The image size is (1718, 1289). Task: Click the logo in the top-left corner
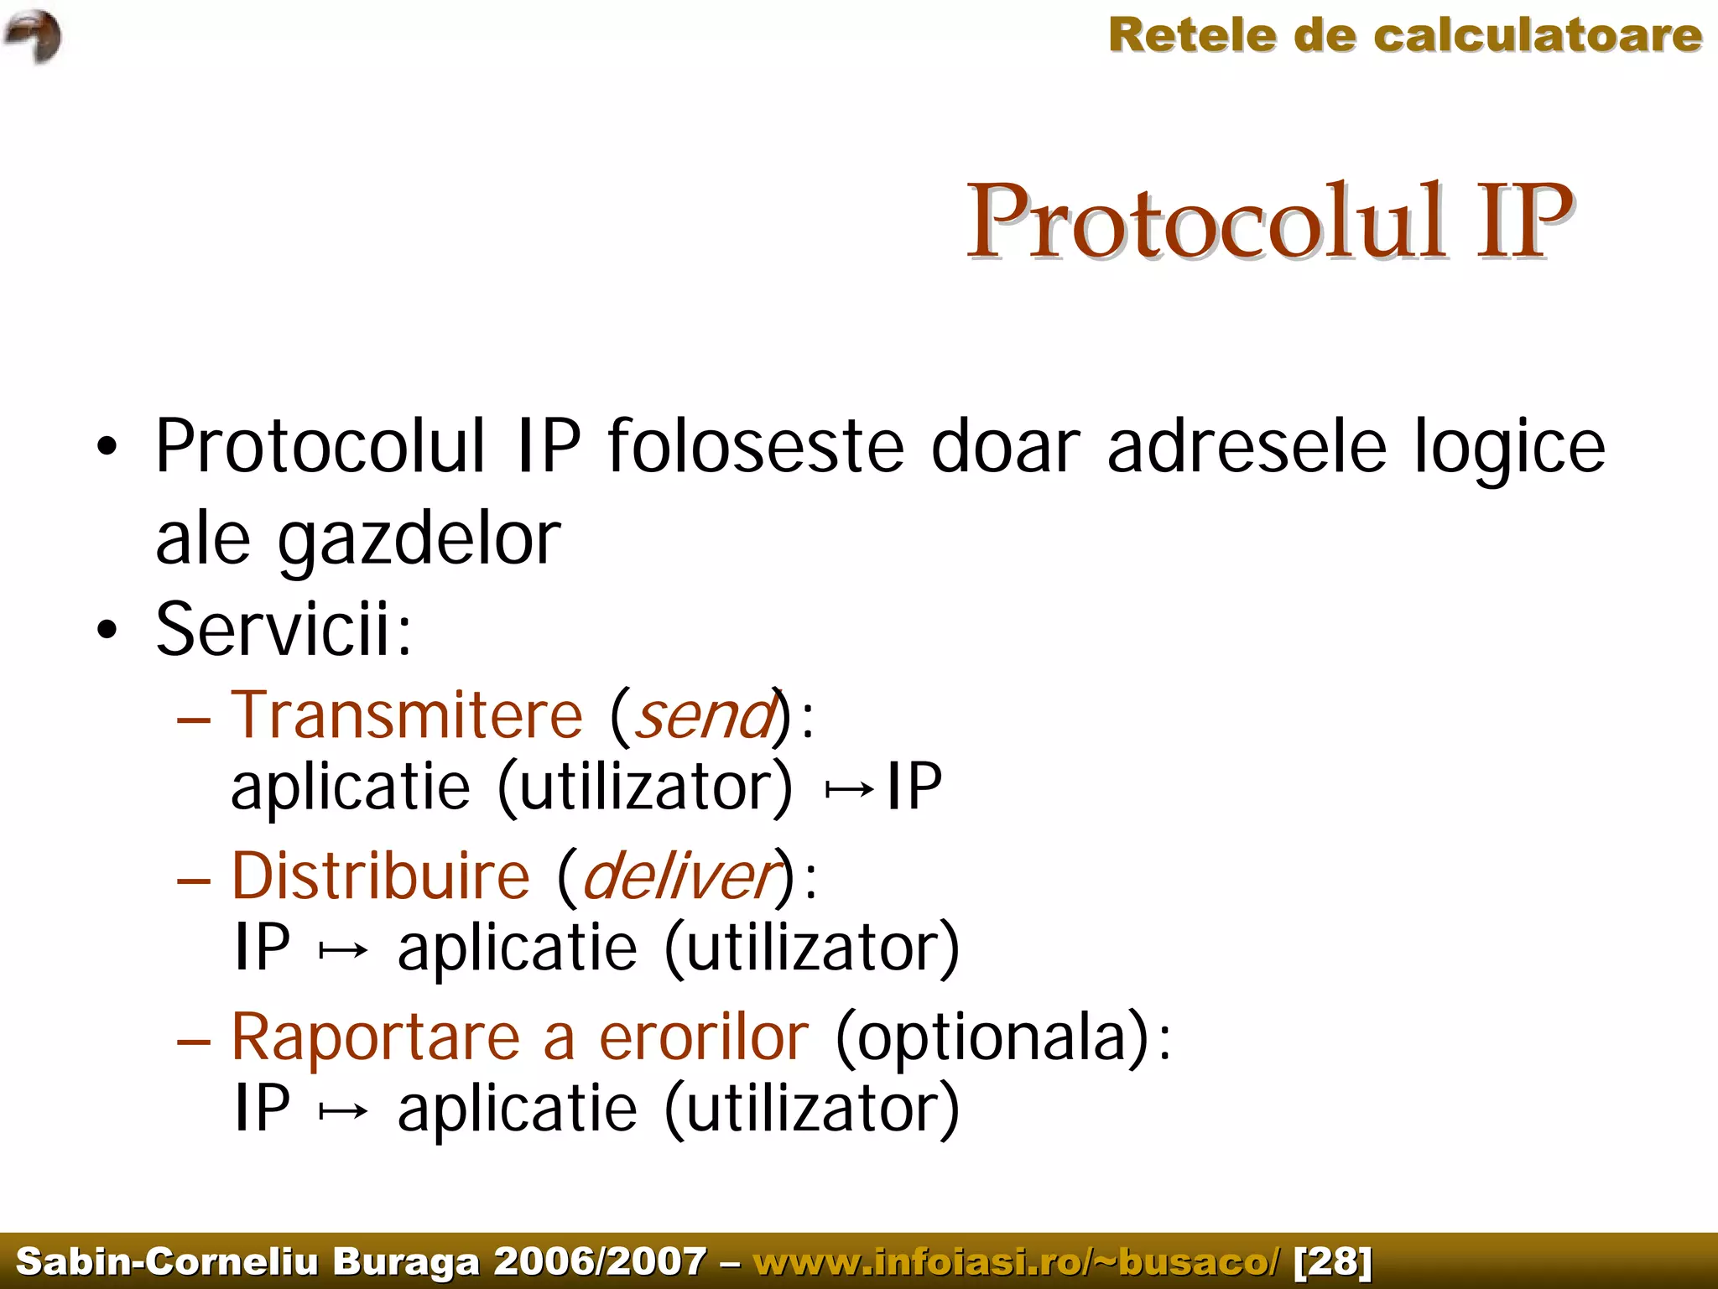[x=33, y=36]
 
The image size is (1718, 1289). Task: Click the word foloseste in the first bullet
[x=755, y=446]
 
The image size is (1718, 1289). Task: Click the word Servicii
[x=284, y=629]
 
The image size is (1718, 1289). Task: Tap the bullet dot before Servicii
[x=107, y=630]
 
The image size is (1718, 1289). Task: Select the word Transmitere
[x=407, y=715]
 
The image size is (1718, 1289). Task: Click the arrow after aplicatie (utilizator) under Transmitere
[x=850, y=790]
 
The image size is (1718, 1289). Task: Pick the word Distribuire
[x=381, y=876]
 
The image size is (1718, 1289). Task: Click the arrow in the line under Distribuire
[x=343, y=950]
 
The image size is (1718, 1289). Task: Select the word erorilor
[x=703, y=1037]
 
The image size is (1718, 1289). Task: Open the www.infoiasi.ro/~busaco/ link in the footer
[x=1017, y=1260]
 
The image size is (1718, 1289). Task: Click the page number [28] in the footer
[x=1333, y=1260]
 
